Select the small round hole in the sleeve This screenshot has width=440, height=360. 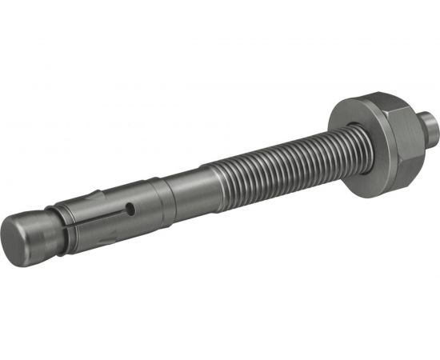coord(129,212)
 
